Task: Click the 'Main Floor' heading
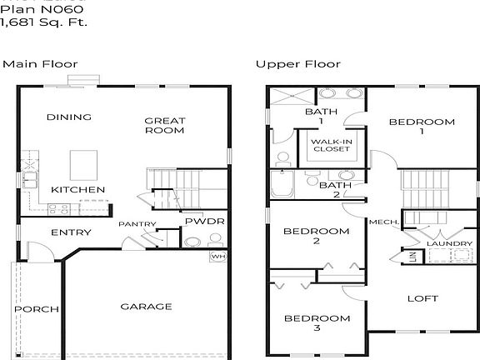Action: click(x=39, y=64)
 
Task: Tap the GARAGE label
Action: click(x=146, y=307)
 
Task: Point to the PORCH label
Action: click(x=36, y=309)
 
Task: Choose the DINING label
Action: click(x=68, y=117)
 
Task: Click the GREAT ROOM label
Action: click(x=165, y=125)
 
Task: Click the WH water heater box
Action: click(x=217, y=257)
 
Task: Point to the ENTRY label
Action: click(x=71, y=232)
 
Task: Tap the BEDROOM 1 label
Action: click(x=422, y=127)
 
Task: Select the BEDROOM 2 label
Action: click(x=316, y=236)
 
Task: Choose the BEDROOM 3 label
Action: click(x=317, y=323)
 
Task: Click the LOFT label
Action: click(x=422, y=298)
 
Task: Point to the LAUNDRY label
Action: click(x=449, y=244)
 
